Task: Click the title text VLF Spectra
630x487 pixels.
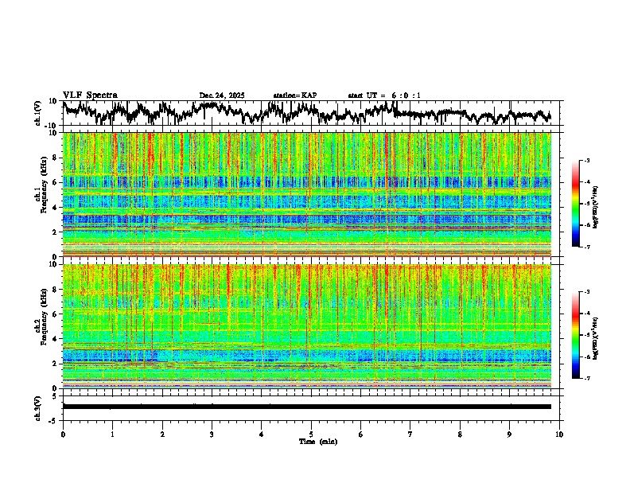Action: coord(90,95)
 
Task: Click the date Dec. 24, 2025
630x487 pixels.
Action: coord(222,95)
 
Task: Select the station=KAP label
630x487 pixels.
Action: coord(295,95)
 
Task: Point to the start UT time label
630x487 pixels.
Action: coord(384,95)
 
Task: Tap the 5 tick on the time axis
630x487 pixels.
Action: coord(311,434)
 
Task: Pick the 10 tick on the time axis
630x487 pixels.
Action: coord(559,434)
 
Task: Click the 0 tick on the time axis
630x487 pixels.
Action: coord(63,434)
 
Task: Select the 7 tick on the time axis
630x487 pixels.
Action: coord(410,434)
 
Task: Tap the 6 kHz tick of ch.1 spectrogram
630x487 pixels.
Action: coord(56,182)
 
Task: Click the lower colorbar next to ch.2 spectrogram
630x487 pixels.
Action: coord(576,335)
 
